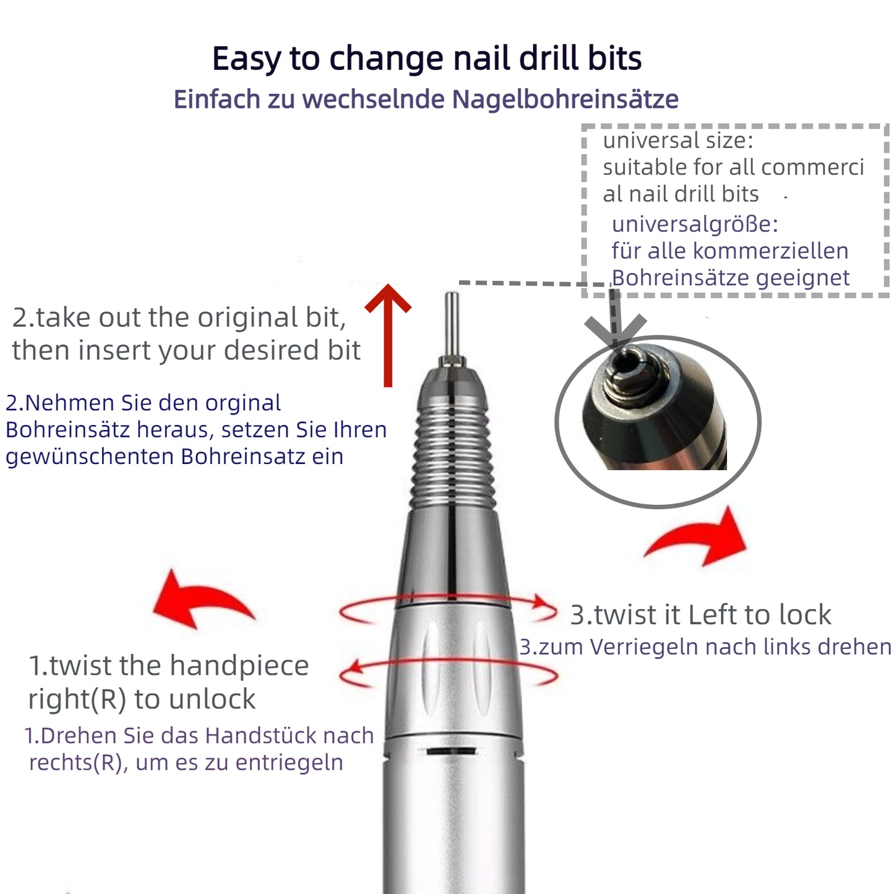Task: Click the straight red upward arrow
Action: [388, 335]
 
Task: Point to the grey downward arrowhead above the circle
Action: [615, 331]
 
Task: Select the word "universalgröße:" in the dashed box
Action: [695, 225]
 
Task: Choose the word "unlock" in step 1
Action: [212, 698]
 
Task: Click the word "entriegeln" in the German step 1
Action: [290, 763]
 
